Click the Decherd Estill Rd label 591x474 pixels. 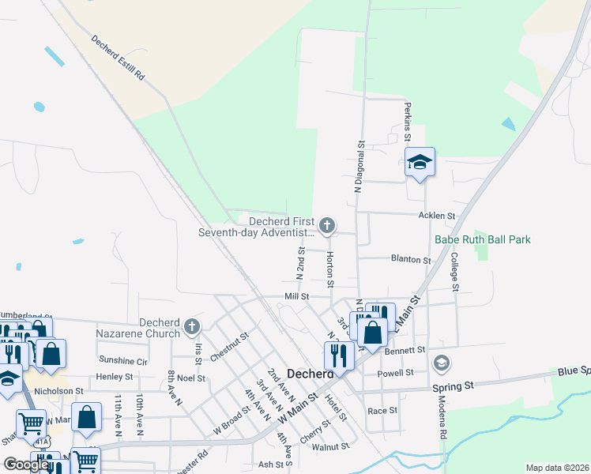coord(119,58)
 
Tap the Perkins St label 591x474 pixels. coord(408,122)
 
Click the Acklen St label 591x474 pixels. coord(437,215)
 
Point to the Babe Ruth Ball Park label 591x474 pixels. coord(482,239)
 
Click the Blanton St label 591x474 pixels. coord(411,259)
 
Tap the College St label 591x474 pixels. coord(454,268)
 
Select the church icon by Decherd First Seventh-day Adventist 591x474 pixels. coord(327,225)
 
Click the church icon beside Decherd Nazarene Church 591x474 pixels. coord(191,325)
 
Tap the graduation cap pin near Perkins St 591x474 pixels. coord(420,163)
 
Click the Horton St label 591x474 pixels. coord(329,269)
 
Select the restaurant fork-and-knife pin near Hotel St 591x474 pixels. coord(339,355)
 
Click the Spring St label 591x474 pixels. coord(453,386)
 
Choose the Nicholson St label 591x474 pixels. coord(58,391)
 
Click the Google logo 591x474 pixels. coord(26,465)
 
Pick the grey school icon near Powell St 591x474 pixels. coord(442,363)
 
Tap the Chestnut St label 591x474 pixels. coord(230,347)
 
